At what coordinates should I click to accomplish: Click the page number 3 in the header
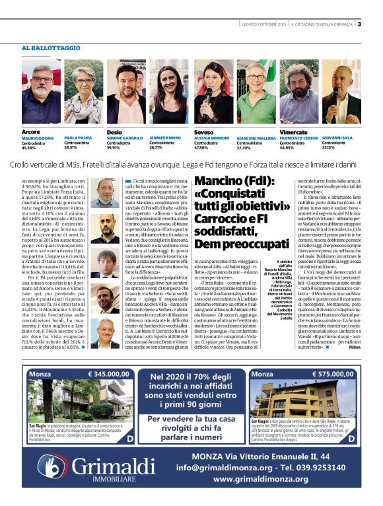359,24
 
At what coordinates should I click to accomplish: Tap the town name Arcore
31,132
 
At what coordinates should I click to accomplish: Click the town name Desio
115,132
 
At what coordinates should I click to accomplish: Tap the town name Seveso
204,132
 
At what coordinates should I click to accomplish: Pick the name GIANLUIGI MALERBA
256,138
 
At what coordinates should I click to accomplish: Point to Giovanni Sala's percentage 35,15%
330,147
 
